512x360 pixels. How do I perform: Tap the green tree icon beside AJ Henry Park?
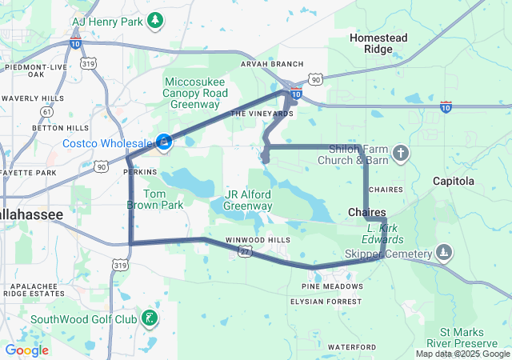point(158,18)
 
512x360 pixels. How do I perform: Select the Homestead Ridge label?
point(379,43)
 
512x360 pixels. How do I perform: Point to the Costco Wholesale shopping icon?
point(164,142)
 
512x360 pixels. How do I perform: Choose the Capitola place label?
point(454,181)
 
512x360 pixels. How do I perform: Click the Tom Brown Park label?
point(163,199)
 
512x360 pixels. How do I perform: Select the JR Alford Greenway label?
point(248,200)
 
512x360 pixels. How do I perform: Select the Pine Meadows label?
point(332,286)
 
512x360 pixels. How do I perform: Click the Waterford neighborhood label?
point(351,346)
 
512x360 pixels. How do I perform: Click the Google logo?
point(26,350)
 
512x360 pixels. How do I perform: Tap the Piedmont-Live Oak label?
point(36,70)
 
